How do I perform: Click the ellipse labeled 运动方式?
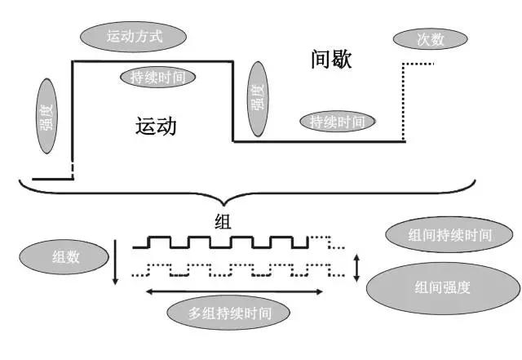click(135, 37)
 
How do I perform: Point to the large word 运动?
click(156, 127)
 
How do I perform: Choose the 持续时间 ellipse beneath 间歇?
click(343, 122)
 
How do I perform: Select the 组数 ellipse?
click(64, 257)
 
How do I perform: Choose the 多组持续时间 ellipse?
click(230, 313)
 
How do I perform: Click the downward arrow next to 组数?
click(116, 260)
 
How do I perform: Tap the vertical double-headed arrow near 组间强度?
click(356, 268)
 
